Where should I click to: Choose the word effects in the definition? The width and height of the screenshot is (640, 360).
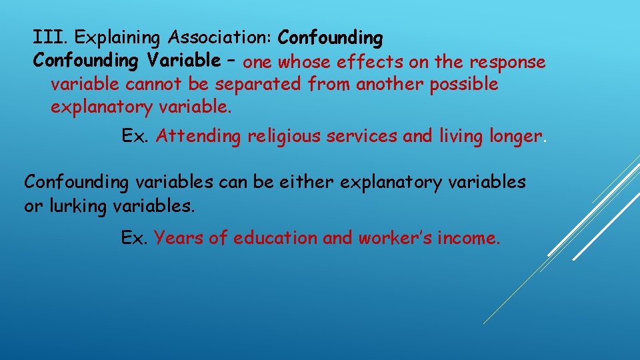[x=367, y=63]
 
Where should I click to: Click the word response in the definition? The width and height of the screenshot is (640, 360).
[x=508, y=63]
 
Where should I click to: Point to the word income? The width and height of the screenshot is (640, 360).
[x=468, y=238]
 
